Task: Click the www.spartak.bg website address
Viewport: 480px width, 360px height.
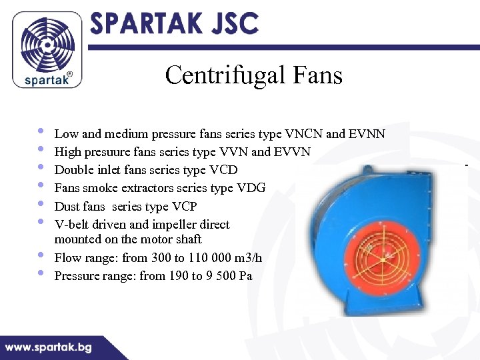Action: click(x=49, y=347)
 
